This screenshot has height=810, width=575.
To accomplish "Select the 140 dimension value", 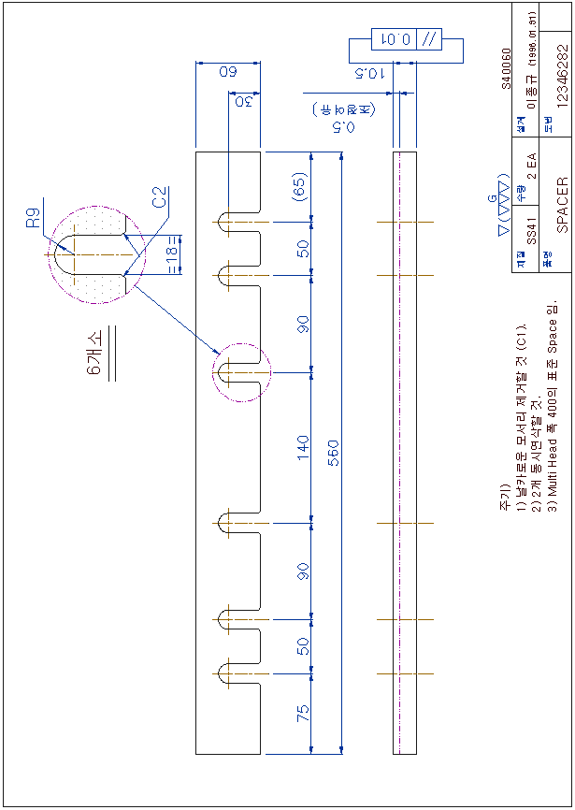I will point(303,445).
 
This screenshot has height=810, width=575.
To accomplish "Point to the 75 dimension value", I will point(303,713).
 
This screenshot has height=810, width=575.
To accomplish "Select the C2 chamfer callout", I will point(161,197).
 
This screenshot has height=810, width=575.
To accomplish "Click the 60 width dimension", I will point(228,72).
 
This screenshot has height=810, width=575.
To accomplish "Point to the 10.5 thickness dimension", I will point(371,72).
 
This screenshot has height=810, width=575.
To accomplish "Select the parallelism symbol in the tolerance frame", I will point(429,39).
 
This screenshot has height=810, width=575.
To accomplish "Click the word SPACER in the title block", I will point(562,205).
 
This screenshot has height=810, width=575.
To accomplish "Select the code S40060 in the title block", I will point(506,68).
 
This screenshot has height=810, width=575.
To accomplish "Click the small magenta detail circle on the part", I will point(241,373).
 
